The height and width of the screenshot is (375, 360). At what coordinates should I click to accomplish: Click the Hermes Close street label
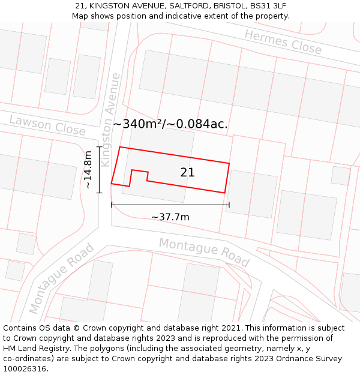click(283, 41)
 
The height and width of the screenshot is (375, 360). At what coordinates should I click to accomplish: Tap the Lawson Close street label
click(47, 125)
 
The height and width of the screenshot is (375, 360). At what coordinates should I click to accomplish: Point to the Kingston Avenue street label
click(112, 120)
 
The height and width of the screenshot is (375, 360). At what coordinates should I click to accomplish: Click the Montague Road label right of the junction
click(204, 251)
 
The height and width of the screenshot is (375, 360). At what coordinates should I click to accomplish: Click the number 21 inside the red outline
click(187, 172)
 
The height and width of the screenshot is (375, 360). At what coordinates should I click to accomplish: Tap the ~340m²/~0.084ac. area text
click(170, 124)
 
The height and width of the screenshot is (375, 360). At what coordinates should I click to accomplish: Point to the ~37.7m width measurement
click(170, 217)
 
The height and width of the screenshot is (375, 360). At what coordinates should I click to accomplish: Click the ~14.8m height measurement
click(88, 170)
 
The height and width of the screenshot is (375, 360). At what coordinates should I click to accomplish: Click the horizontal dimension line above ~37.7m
click(170, 205)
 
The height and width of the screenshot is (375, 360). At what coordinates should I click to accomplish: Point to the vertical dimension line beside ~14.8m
click(100, 170)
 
